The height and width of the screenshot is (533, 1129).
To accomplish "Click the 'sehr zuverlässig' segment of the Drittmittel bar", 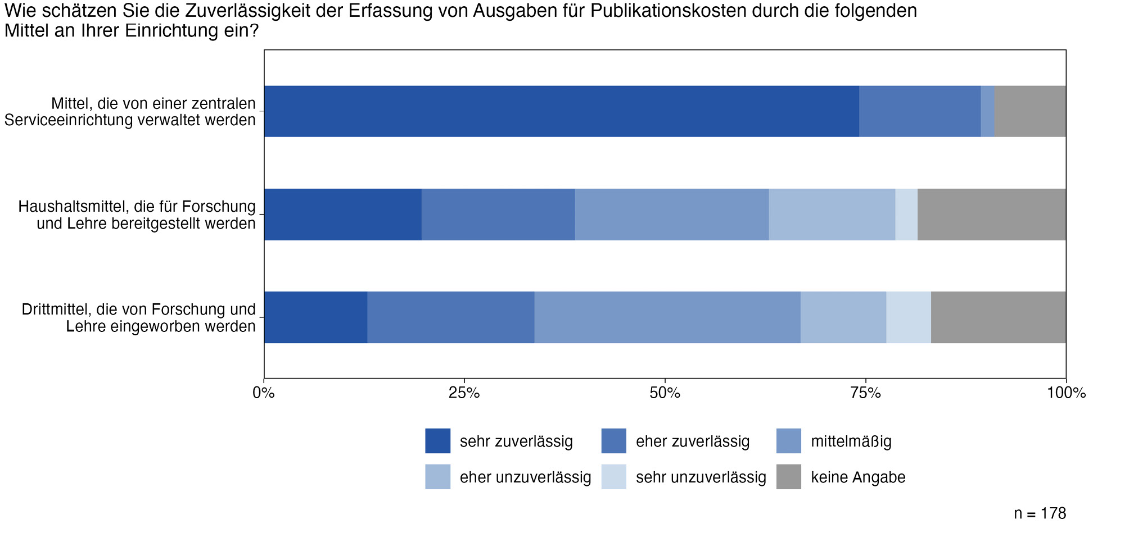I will click(x=315, y=317).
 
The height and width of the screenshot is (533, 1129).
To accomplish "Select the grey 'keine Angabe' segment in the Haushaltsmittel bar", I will click(x=991, y=215).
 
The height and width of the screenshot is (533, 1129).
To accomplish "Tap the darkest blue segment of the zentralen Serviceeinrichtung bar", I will click(x=561, y=111).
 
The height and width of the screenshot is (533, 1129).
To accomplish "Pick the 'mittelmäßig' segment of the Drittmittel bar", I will click(x=667, y=317).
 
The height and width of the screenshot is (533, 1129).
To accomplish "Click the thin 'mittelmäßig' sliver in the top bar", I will click(x=987, y=111).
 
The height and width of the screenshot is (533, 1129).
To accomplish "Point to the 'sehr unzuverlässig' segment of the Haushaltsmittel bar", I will click(x=906, y=215).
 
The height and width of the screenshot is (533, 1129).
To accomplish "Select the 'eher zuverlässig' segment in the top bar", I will click(x=919, y=111).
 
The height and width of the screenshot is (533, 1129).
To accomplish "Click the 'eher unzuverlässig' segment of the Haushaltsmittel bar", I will click(x=832, y=215).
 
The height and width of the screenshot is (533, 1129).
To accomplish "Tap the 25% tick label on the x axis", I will click(x=464, y=393).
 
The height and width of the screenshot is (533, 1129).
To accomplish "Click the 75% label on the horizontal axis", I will click(x=865, y=393).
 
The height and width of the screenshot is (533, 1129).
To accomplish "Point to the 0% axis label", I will click(x=264, y=393).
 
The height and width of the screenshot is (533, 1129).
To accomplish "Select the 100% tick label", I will click(x=1066, y=393).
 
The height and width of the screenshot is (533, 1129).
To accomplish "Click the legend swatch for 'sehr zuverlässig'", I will click(x=437, y=441).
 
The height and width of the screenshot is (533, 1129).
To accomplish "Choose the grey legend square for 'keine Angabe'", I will click(x=788, y=477).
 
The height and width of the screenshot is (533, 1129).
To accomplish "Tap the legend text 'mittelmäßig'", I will click(x=851, y=441).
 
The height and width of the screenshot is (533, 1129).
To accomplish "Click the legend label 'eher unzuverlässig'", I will click(x=525, y=477).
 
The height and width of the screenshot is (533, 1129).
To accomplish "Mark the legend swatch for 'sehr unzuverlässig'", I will click(x=613, y=477).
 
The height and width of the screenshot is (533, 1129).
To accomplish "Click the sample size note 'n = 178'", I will click(x=1040, y=513).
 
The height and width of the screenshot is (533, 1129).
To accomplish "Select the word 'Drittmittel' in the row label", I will click(x=56, y=309).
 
